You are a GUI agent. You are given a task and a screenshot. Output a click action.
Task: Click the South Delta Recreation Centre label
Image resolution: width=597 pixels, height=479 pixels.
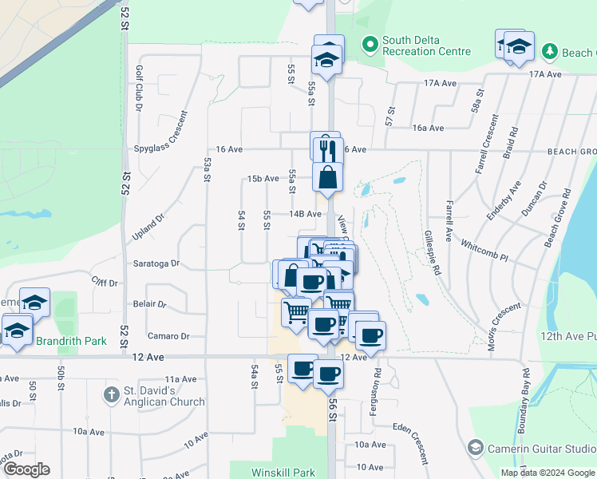(425, 46)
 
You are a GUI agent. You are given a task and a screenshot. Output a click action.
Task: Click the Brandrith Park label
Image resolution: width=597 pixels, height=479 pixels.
(71, 341)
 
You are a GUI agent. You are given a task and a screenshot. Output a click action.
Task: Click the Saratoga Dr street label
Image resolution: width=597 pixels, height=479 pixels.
(156, 263)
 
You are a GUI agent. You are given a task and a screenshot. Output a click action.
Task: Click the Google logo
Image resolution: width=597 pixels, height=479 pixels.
(26, 469)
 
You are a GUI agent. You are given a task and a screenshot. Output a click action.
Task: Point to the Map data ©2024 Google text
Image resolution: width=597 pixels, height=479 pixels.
(548, 473)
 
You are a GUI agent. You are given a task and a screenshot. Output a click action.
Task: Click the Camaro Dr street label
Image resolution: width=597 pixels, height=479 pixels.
(168, 337)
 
